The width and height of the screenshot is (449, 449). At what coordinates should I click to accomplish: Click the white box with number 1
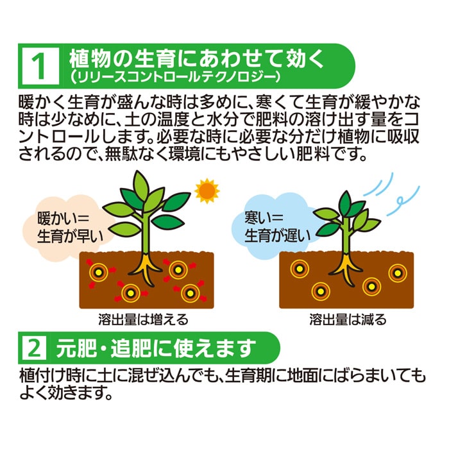tap(40, 66)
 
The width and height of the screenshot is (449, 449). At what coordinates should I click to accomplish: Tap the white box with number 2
tap(35, 348)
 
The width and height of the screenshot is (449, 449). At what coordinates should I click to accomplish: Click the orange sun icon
tap(207, 191)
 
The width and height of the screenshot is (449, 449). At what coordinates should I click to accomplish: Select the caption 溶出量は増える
tap(143, 319)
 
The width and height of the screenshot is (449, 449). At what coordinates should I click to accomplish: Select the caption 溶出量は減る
tap(348, 319)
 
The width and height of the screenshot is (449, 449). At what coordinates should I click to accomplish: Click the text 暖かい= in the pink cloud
tap(64, 219)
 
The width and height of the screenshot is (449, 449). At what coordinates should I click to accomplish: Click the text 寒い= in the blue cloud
tap(264, 217)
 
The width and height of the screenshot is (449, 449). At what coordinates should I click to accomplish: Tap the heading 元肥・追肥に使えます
tap(156, 348)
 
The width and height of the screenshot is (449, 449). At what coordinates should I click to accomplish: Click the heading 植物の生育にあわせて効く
tap(197, 59)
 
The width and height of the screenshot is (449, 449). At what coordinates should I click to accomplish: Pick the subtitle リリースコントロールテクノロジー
tap(175, 78)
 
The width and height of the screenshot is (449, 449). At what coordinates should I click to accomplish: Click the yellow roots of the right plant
tap(346, 268)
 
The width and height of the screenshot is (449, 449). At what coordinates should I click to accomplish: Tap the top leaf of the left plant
tap(141, 185)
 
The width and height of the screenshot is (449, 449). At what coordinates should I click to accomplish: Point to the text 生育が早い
tap(70, 237)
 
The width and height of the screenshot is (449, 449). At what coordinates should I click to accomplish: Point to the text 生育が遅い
tap(278, 235)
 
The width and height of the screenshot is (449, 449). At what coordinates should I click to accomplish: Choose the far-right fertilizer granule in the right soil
tap(398, 273)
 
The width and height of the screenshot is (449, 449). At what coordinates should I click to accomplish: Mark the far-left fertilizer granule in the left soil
tap(98, 272)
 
